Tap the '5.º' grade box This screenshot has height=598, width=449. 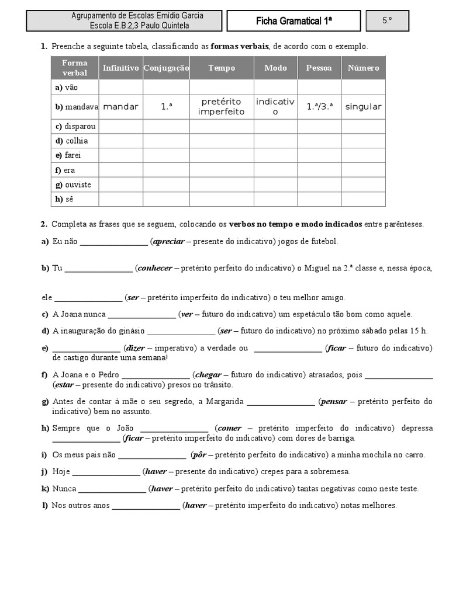(387, 21)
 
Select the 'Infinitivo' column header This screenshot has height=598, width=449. (120, 68)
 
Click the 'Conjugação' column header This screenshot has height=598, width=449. (166, 68)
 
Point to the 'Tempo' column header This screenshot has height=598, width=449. (222, 68)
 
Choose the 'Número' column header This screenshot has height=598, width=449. (363, 68)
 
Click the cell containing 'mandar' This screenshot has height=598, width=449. (120, 107)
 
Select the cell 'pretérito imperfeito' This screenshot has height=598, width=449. (222, 107)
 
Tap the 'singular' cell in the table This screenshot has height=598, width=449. (363, 107)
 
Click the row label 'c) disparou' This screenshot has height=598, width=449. (75, 126)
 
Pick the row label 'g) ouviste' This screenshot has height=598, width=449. (73, 185)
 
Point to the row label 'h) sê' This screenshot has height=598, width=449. (67, 199)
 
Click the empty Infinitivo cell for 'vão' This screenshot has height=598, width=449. (120, 87)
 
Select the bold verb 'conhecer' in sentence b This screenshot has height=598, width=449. (154, 268)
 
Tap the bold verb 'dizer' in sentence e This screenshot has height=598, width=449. (136, 348)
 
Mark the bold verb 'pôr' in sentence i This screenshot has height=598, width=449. (198, 455)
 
